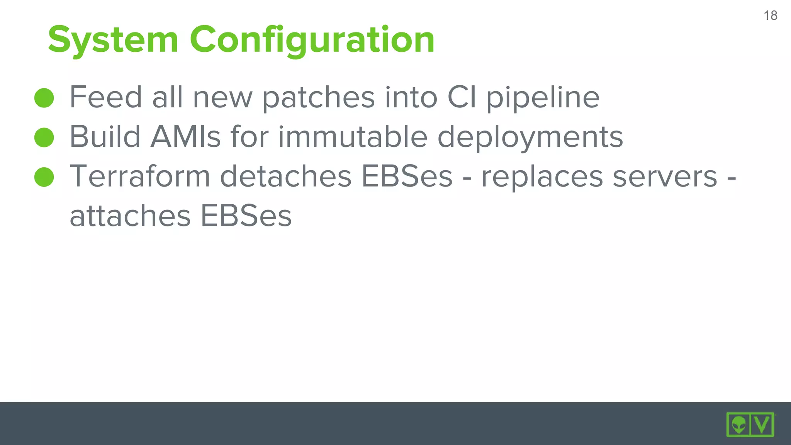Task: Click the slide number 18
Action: [770, 15]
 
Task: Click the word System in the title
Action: [113, 39]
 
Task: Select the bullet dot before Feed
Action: [44, 98]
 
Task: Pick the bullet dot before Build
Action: [44, 138]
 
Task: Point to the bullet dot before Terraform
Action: [44, 177]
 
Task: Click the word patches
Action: [318, 97]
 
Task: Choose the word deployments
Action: [530, 138]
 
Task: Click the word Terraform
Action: [140, 176]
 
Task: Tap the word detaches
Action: [285, 176]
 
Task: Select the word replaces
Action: [541, 177]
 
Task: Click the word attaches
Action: [130, 216]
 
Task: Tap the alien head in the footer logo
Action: [738, 425]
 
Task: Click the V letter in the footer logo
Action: [762, 425]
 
